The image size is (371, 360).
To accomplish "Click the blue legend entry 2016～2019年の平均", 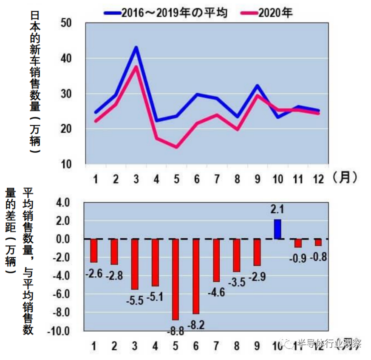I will click(166, 13).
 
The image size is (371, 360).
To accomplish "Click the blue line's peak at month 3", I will click(136, 47).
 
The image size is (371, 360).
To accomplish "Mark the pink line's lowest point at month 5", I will click(176, 147).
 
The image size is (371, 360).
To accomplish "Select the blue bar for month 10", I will click(278, 229).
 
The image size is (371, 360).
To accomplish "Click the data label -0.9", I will click(297, 258).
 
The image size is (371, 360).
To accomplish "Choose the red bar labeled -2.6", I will click(94, 250).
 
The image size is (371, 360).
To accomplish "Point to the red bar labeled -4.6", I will click(216, 260).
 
